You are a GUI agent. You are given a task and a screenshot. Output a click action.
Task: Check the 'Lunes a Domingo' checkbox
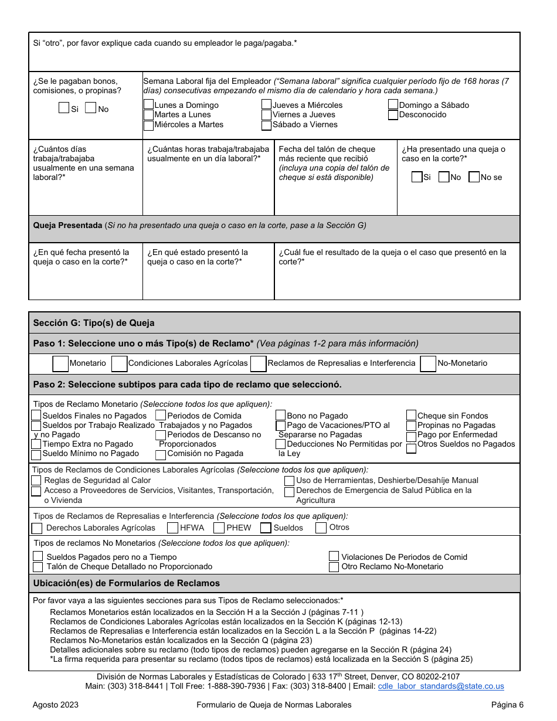(149, 105)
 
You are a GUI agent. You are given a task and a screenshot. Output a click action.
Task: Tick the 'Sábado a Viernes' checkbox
(267, 125)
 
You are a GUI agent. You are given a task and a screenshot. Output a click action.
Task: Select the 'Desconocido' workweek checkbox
(393, 115)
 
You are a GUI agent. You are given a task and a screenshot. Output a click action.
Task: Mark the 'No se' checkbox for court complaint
(474, 177)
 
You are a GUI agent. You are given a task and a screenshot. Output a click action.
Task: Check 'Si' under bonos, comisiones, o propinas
(64, 108)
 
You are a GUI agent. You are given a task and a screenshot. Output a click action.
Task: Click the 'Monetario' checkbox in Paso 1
(60, 363)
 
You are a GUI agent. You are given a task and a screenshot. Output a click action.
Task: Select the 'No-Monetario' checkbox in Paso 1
(429, 363)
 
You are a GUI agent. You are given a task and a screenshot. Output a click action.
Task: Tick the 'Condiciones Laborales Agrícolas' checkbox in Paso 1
(120, 363)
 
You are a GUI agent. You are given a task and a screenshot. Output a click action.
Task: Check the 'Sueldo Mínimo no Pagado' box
(36, 454)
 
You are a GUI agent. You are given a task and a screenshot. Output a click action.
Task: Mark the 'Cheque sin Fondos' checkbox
(412, 416)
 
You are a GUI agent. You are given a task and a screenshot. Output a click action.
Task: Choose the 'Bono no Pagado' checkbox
(281, 416)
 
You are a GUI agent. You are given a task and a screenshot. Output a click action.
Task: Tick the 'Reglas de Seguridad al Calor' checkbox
(36, 481)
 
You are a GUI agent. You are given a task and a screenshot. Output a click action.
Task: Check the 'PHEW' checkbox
(219, 528)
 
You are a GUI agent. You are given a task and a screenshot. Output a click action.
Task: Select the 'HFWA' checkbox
(173, 528)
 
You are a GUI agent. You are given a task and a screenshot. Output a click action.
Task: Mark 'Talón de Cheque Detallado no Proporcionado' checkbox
(38, 567)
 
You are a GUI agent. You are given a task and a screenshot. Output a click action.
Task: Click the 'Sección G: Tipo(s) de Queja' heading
(94, 323)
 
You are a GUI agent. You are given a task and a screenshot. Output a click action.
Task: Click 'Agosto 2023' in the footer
(56, 705)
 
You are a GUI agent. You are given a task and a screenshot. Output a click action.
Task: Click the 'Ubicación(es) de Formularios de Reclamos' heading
(127, 583)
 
